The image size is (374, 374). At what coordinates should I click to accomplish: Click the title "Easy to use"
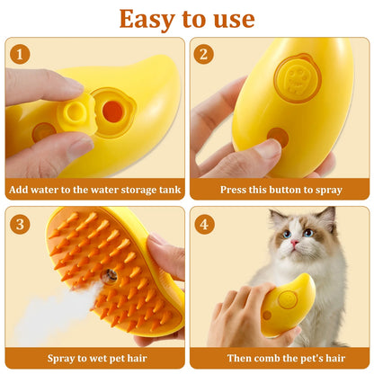pyautogui.click(x=187, y=19)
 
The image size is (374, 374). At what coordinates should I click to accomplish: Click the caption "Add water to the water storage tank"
pyautogui.click(x=94, y=189)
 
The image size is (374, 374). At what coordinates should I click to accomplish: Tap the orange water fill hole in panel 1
pyautogui.click(x=112, y=111)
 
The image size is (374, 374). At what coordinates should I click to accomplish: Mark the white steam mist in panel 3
pyautogui.click(x=45, y=315)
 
